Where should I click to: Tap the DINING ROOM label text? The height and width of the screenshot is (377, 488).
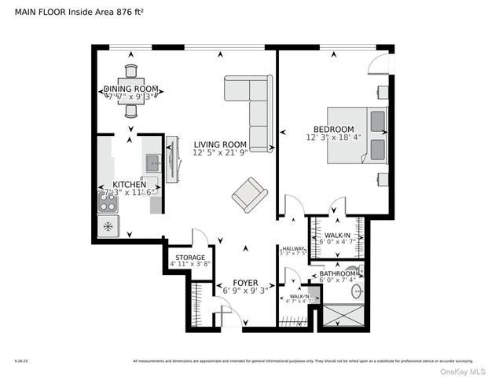tap(131, 89)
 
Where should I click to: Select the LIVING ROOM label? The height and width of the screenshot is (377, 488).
tap(222, 145)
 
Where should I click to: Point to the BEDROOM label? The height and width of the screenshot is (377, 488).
tap(333, 129)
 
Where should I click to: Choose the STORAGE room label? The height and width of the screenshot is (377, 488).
tap(190, 257)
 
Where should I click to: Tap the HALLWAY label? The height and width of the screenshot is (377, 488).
tap(292, 248)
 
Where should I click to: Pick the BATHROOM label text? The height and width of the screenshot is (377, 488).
tap(338, 273)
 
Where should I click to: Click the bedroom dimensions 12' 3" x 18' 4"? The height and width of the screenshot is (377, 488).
tap(333, 137)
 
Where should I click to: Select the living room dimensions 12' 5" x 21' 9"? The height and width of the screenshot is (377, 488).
tap(222, 153)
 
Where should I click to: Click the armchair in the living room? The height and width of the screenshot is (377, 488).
tap(249, 194)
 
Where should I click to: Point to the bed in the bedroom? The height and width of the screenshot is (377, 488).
tap(358, 135)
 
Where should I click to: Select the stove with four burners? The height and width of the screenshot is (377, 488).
tap(108, 203)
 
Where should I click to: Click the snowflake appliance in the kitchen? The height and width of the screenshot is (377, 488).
tap(107, 227)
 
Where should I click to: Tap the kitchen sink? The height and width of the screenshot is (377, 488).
tap(152, 163)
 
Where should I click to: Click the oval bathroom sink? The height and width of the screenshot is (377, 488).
tap(357, 291)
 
